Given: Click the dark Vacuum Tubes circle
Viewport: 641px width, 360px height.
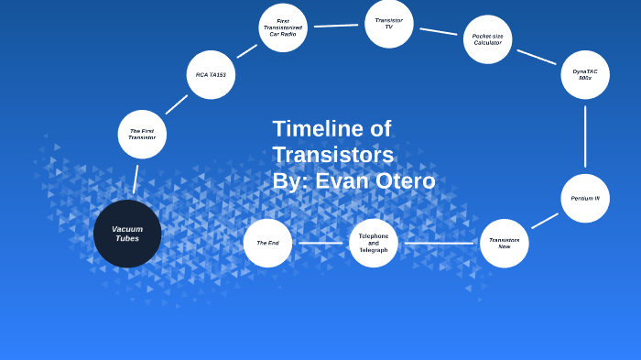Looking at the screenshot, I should point(127,234).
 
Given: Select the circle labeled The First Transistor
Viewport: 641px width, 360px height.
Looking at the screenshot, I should point(142,134).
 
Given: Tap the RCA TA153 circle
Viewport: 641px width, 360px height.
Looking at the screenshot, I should point(211,75).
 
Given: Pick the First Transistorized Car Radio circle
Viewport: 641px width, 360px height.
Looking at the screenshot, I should point(283,27).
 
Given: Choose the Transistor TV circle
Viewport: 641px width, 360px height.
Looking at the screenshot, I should point(389,23).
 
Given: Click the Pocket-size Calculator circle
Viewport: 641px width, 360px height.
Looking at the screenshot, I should point(487,39).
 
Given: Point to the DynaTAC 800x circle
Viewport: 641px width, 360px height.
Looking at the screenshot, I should point(585,75).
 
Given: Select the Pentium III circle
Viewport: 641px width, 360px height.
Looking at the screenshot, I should point(585,198).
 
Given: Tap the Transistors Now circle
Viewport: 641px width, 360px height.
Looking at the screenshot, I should point(504,243).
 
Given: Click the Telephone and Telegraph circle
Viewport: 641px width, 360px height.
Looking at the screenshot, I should point(374,243).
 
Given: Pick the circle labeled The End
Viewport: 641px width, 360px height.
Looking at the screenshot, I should point(267,243).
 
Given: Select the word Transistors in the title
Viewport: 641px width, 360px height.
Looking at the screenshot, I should point(332,155).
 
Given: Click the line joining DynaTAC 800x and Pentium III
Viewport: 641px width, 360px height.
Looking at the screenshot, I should point(585,136).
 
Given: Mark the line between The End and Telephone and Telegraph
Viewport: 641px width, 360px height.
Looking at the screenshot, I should point(320,243).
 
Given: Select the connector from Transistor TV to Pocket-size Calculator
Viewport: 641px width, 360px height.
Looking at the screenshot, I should point(439,31).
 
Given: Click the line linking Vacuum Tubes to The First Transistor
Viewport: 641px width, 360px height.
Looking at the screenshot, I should point(136,179).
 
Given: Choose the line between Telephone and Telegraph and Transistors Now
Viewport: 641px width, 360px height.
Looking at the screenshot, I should point(439,243).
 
